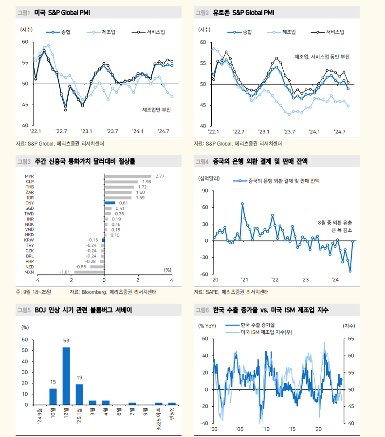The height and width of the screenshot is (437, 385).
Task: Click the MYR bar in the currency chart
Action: click(128, 176)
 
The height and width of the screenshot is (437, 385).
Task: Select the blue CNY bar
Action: click(110, 202)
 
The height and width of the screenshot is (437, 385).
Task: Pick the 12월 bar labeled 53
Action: click(66, 376)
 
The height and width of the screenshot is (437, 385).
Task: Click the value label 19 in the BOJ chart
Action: click(79, 377)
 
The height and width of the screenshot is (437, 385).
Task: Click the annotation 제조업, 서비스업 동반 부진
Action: click(322, 57)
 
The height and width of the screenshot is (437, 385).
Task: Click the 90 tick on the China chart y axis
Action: click(205, 191)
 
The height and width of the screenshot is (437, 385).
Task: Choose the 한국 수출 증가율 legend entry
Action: click(257, 324)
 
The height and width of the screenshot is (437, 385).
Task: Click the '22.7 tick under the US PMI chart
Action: click(61, 131)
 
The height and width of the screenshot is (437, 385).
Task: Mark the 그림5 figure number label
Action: click(24, 310)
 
